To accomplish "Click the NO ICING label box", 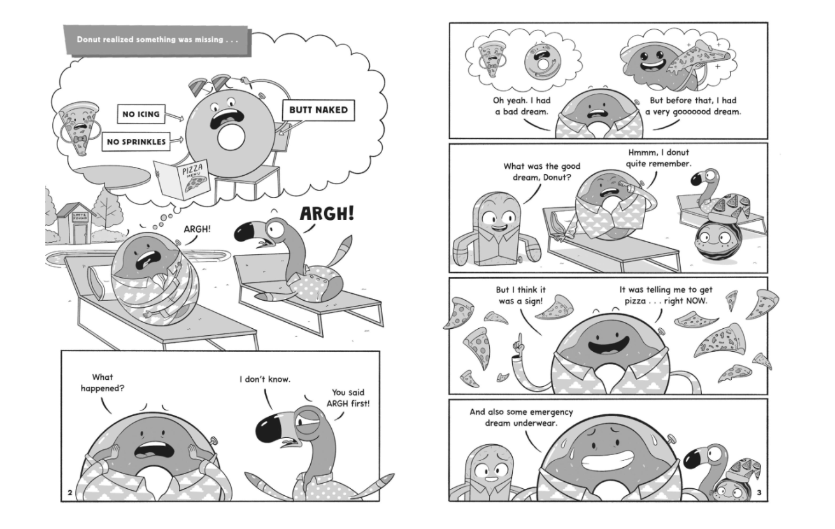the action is pos(141,114).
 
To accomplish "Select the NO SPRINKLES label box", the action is pos(136,141).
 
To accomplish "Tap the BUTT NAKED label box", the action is pos(318,110).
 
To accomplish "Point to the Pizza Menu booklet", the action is pos(183,180).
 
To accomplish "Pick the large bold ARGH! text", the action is pos(327,214).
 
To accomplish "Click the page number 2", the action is pos(69,493).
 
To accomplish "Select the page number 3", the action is pos(759,493).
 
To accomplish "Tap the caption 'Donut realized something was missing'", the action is pos(157,40).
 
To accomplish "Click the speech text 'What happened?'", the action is pos(103,383).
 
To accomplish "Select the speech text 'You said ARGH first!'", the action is pos(348,398).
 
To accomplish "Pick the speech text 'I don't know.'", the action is pos(265,379).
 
